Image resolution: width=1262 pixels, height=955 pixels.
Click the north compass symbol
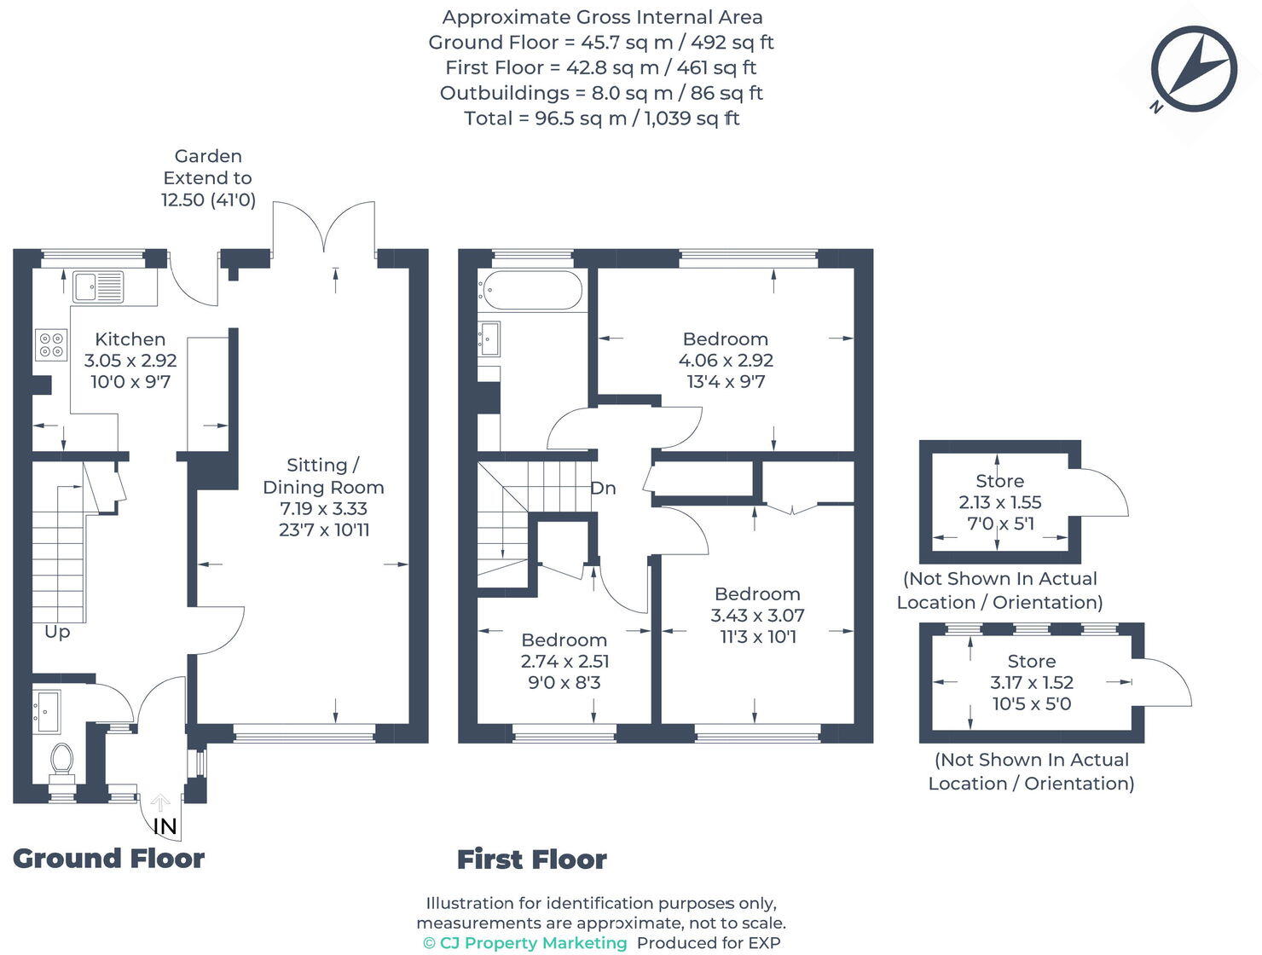click(x=1193, y=69)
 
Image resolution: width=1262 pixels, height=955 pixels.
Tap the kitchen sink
click(x=97, y=287)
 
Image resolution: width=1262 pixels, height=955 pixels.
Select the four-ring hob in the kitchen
click(x=51, y=344)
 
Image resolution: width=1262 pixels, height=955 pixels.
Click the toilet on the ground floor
click(x=62, y=760)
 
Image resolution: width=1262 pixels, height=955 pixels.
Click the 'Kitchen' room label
click(x=130, y=339)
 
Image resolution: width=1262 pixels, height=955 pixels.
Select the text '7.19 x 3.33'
click(x=323, y=508)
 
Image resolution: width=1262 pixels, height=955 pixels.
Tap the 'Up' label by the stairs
click(x=57, y=632)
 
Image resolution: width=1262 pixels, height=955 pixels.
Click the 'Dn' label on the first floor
click(x=603, y=488)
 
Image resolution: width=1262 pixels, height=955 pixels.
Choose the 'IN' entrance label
click(x=165, y=825)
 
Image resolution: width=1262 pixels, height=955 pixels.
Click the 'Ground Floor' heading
click(x=109, y=859)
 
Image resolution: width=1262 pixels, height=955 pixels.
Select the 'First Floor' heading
click(x=532, y=859)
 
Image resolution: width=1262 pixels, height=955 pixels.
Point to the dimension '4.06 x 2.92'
click(x=726, y=361)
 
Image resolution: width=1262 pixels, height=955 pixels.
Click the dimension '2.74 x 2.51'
click(x=564, y=661)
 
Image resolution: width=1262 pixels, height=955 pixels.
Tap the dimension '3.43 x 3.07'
click(x=757, y=615)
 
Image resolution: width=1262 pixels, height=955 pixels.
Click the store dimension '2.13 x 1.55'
click(x=999, y=502)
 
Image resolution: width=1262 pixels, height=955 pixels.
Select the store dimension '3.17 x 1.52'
click(x=1032, y=682)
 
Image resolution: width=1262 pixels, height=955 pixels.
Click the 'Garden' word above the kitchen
click(x=208, y=156)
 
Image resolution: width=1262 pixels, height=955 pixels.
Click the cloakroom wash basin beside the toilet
click(x=46, y=711)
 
